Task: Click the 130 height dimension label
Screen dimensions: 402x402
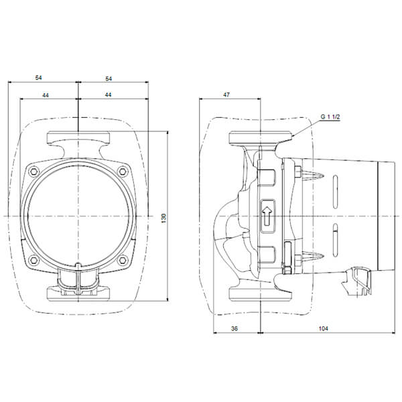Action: tap(164, 218)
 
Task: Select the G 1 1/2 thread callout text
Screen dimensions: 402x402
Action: tap(330, 117)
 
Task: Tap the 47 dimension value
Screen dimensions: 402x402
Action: tap(226, 95)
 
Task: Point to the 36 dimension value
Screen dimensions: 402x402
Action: tap(234, 328)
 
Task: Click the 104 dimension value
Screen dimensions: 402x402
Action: tap(324, 328)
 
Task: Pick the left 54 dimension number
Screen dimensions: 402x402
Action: tap(38, 78)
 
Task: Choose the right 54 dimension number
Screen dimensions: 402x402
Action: tap(109, 78)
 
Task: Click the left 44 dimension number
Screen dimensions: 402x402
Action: tap(46, 95)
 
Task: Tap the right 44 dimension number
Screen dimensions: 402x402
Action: tap(108, 94)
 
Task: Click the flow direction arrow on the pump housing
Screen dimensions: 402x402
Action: tap(267, 216)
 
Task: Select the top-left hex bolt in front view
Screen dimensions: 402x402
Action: tap(34, 171)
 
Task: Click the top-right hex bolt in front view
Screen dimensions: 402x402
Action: tap(123, 172)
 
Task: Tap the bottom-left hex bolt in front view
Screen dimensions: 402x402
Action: tap(34, 260)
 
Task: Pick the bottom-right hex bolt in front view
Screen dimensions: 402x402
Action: tap(123, 260)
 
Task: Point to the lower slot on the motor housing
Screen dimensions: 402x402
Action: tap(335, 240)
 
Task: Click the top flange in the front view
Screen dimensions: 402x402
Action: tap(78, 137)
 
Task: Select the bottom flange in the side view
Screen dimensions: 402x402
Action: tap(261, 293)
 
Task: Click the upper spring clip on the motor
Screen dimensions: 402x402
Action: tap(314, 176)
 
